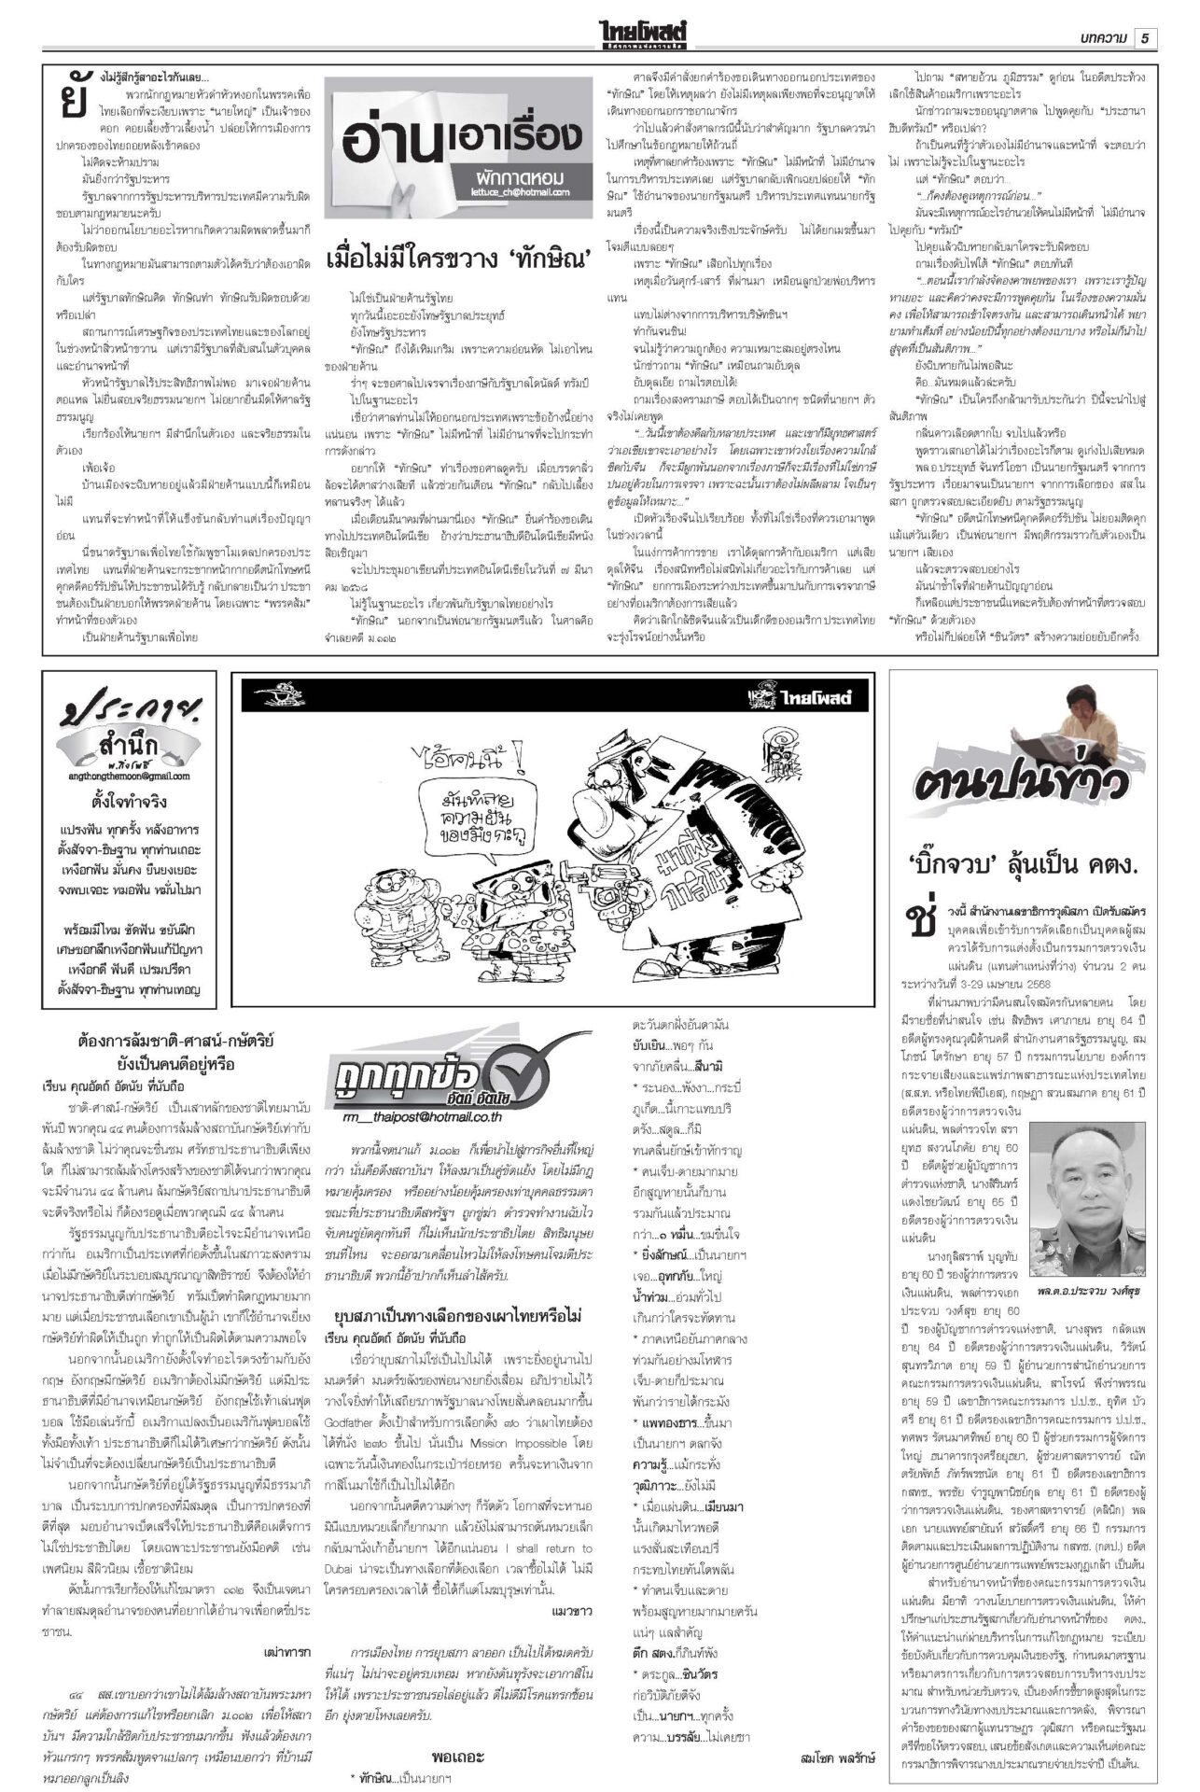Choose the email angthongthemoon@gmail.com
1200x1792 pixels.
[x=129, y=776]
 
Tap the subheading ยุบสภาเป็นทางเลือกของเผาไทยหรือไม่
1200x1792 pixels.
[x=458, y=1316]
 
